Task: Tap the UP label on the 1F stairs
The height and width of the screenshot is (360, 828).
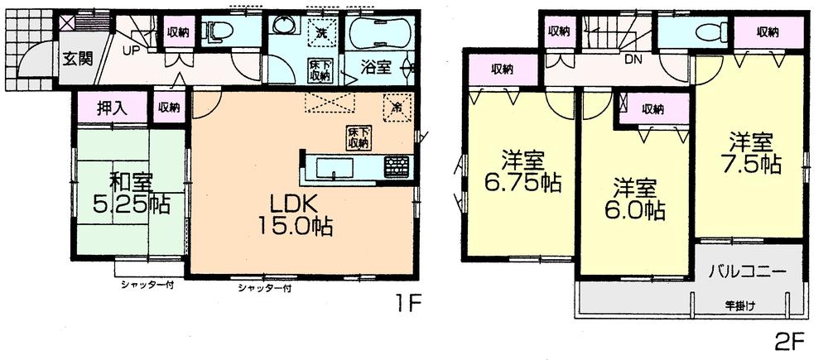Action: pos(131,50)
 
